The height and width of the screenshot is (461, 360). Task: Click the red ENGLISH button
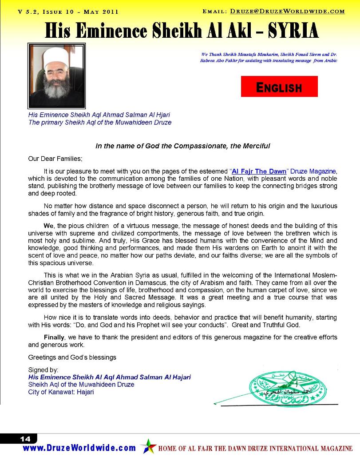coord(279,87)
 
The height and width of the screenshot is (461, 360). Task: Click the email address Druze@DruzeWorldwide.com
coord(288,12)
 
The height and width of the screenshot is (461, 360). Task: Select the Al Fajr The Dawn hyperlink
coord(262,171)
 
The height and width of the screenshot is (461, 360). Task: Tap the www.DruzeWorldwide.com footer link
coord(79,448)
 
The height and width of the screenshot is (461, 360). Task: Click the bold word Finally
coord(54,338)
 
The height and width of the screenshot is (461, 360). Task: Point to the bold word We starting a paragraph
coord(48,226)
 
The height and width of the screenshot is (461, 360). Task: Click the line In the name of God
coord(183,146)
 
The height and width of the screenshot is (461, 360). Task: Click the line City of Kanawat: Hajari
coord(61,392)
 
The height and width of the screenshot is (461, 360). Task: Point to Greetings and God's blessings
coord(72,357)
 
